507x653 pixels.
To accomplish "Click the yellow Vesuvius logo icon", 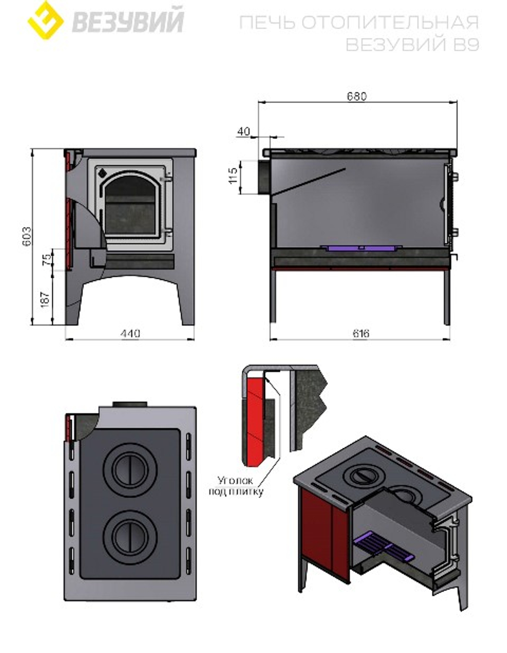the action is pyautogui.click(x=46, y=20).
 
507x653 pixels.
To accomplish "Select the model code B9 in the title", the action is pyautogui.click(x=466, y=45).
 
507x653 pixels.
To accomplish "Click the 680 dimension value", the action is pyautogui.click(x=357, y=96).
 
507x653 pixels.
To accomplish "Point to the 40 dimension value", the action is pyautogui.click(x=243, y=131).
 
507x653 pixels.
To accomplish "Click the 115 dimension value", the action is pyautogui.click(x=233, y=176).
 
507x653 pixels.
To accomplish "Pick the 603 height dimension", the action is pyautogui.click(x=27, y=236).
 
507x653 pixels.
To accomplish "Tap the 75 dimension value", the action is pyautogui.click(x=48, y=260).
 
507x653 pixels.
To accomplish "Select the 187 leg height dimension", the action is pyautogui.click(x=45, y=299).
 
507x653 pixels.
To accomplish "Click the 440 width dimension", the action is pyautogui.click(x=130, y=334).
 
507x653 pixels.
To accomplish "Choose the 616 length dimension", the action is pyautogui.click(x=360, y=334).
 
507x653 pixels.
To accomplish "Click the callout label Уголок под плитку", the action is pyautogui.click(x=236, y=486).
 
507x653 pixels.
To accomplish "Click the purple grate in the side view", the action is pyautogui.click(x=361, y=248).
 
